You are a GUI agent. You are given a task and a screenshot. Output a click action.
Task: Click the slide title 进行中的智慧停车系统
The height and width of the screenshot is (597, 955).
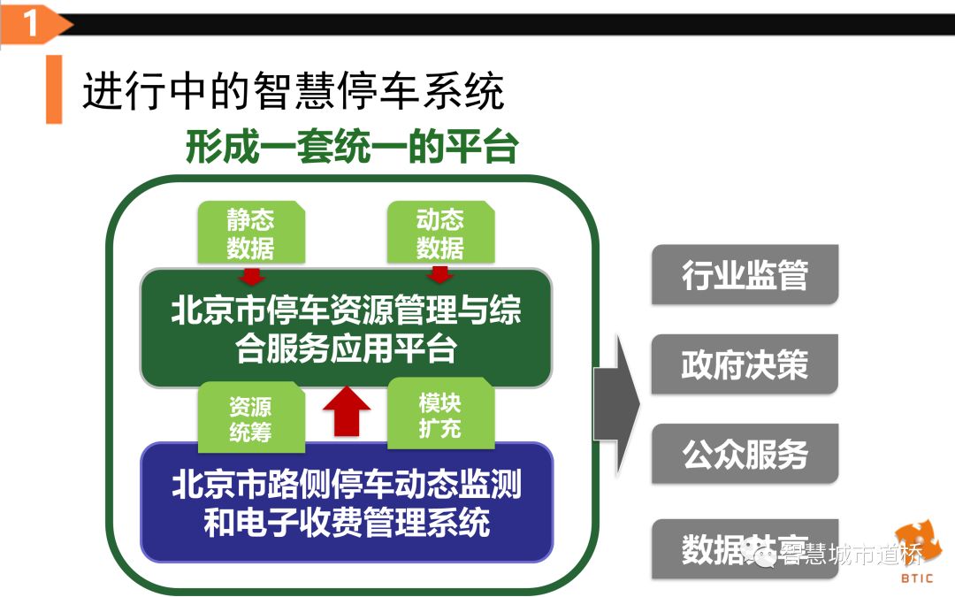tap(293, 91)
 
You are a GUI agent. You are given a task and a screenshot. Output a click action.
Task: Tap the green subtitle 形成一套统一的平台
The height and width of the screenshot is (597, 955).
tap(350, 147)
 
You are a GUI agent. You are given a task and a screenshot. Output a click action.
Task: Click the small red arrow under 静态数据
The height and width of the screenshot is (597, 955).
tap(252, 274)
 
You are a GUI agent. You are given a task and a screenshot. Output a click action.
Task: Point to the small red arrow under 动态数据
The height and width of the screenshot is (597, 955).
tap(439, 274)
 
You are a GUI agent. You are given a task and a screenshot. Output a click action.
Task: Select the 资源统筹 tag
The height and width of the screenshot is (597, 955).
tap(250, 418)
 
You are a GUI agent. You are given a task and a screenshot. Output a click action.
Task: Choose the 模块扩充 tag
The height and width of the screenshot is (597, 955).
tap(439, 415)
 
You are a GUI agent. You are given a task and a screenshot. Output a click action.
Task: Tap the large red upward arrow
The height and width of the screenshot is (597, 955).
tap(346, 410)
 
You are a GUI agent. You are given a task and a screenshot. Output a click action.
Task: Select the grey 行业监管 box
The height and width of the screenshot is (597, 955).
tap(744, 275)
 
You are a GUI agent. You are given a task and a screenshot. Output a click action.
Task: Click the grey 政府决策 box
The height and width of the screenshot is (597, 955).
tap(744, 364)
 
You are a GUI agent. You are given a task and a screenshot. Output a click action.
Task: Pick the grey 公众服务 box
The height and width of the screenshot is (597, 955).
tap(744, 454)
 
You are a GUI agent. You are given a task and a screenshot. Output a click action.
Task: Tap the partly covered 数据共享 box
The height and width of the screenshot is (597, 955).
tap(707, 548)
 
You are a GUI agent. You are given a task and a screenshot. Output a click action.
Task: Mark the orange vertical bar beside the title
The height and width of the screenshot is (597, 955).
tap(54, 89)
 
